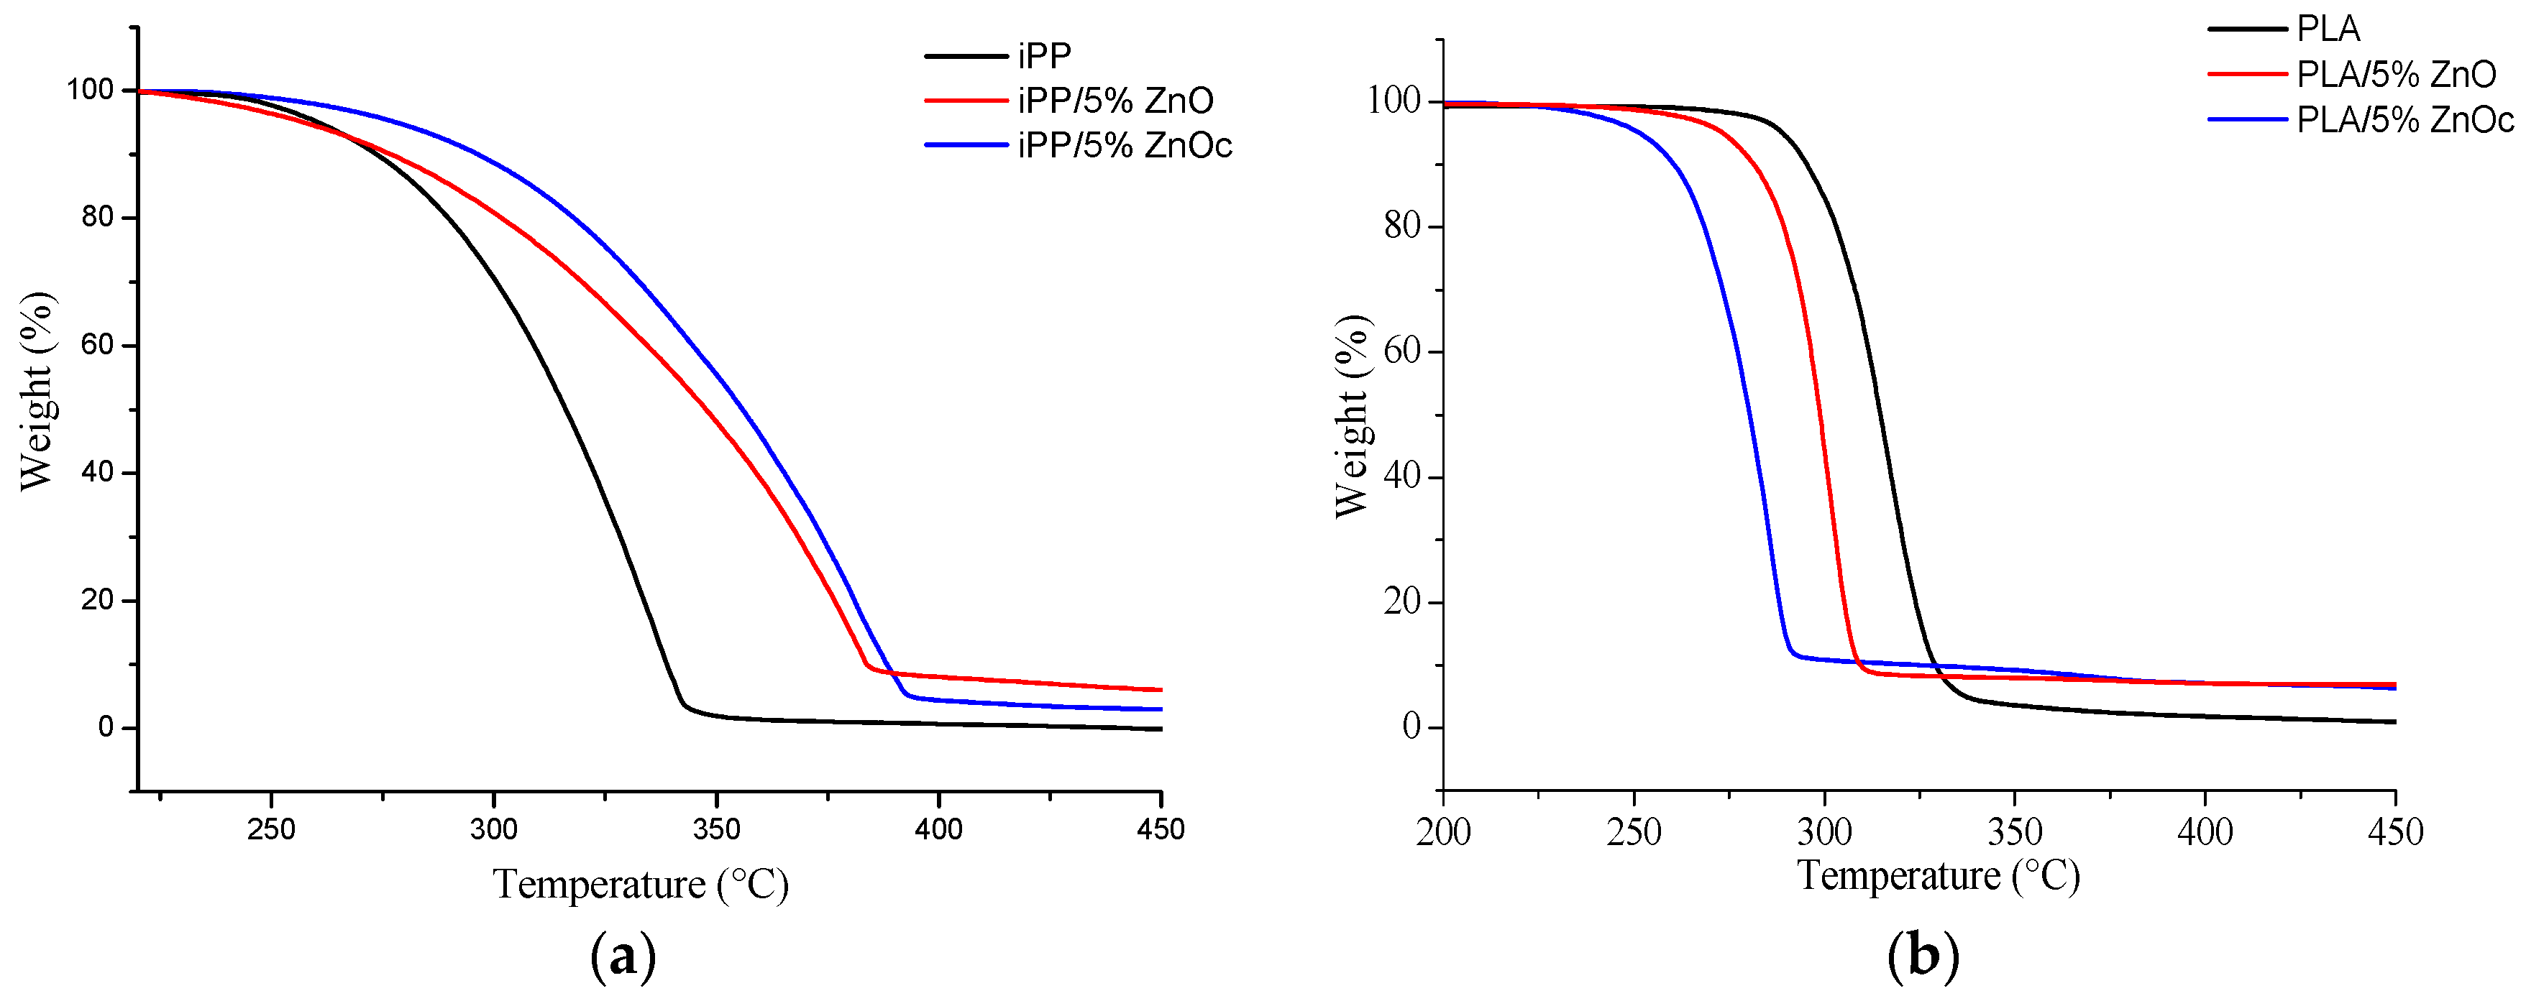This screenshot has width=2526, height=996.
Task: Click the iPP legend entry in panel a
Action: coord(1043,56)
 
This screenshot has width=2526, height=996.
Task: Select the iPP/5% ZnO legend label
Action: coord(1115,101)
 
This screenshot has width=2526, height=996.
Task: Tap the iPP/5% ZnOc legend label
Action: coord(1124,146)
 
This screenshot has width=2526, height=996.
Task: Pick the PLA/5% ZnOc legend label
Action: coord(2404,119)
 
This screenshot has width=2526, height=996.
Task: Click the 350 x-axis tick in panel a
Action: coord(716,829)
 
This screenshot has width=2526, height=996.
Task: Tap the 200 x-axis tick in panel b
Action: coord(1443,832)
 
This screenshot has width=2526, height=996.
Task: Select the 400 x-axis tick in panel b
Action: coord(2205,832)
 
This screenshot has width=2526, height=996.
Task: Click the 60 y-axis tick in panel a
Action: coord(98,345)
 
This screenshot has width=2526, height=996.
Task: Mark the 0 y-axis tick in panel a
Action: coord(106,727)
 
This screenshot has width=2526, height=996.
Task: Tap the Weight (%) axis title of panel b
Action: coord(1350,417)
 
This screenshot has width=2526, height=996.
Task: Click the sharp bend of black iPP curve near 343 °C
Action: coord(685,704)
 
